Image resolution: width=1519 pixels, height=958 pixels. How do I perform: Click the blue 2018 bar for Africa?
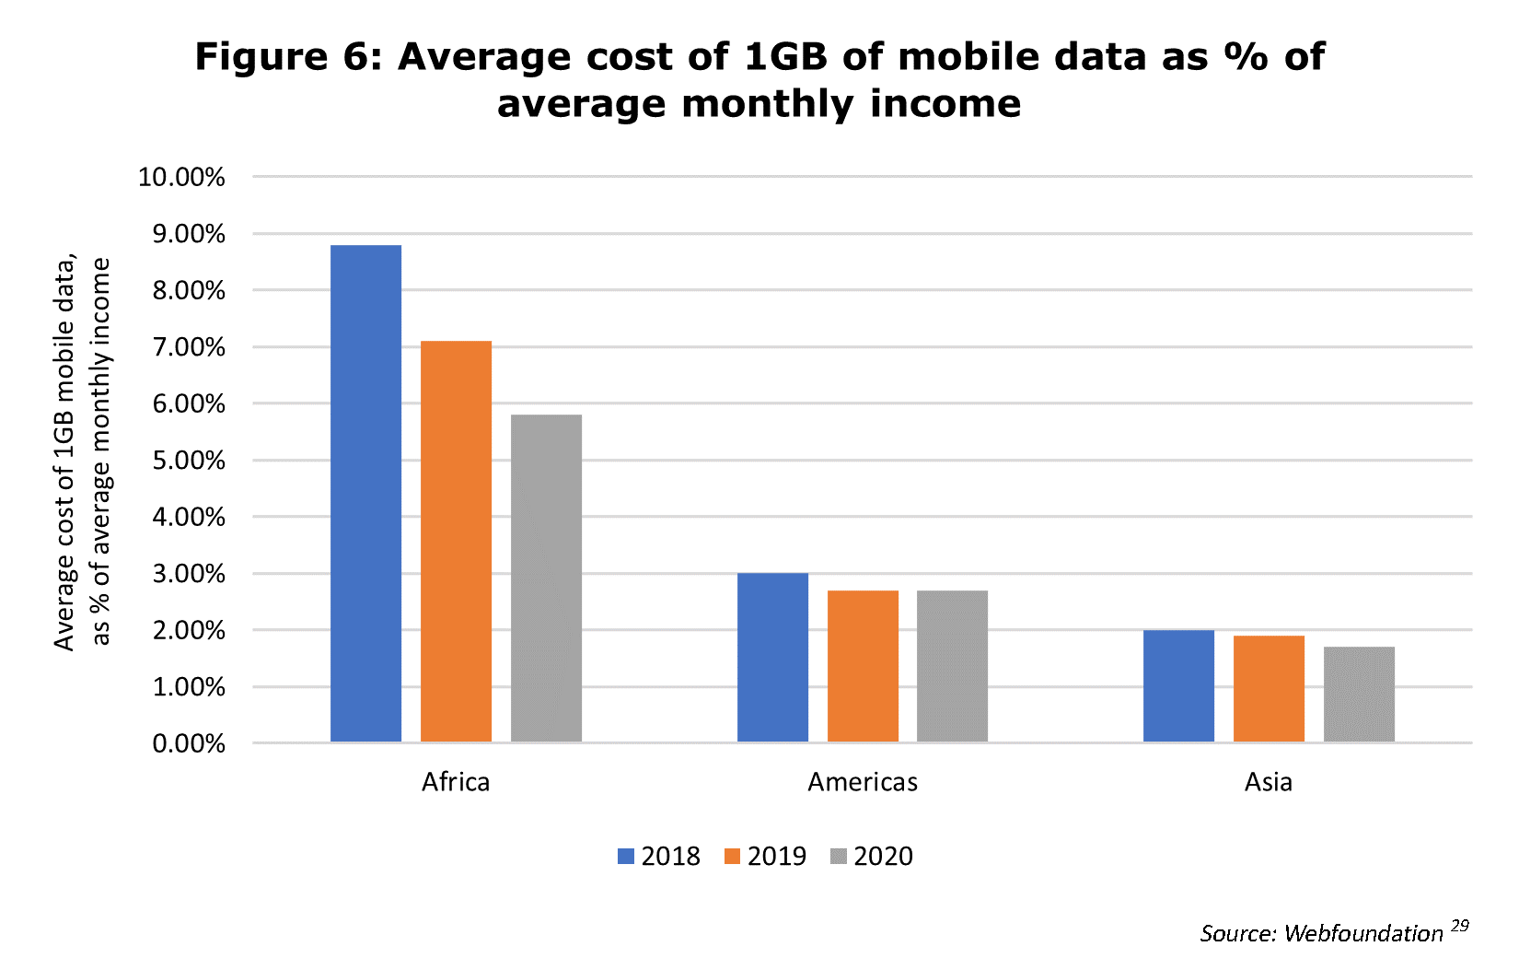(x=365, y=494)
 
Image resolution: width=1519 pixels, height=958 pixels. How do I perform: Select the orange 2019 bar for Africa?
(x=456, y=542)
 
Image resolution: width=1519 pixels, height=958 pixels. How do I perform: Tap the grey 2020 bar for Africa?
(x=546, y=578)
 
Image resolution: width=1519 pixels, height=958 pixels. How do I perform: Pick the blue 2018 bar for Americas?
(x=772, y=658)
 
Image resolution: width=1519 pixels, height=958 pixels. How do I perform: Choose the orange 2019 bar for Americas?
(x=863, y=666)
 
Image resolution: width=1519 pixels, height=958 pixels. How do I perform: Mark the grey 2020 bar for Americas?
(x=952, y=666)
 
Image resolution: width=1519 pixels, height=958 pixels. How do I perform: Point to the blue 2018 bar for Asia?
(x=1178, y=686)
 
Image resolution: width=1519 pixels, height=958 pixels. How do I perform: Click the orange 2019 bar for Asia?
(x=1269, y=689)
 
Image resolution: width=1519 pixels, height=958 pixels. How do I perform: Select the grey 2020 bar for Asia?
(x=1359, y=695)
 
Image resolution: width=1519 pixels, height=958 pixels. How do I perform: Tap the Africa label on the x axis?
(x=456, y=782)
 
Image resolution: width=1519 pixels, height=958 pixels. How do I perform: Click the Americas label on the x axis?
(x=863, y=782)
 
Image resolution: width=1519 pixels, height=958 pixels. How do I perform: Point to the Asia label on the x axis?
(x=1269, y=782)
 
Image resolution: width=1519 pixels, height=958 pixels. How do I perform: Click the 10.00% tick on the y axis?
(x=181, y=177)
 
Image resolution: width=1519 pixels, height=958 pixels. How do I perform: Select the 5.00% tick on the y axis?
(x=188, y=461)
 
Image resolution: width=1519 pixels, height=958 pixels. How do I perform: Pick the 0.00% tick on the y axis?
(x=188, y=743)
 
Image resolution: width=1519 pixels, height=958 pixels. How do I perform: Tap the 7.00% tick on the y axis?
(x=188, y=347)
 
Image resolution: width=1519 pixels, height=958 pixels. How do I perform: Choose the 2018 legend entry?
(x=659, y=857)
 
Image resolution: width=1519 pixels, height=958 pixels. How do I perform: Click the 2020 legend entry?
(x=872, y=857)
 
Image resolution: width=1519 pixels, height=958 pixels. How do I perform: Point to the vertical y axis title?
(x=81, y=453)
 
